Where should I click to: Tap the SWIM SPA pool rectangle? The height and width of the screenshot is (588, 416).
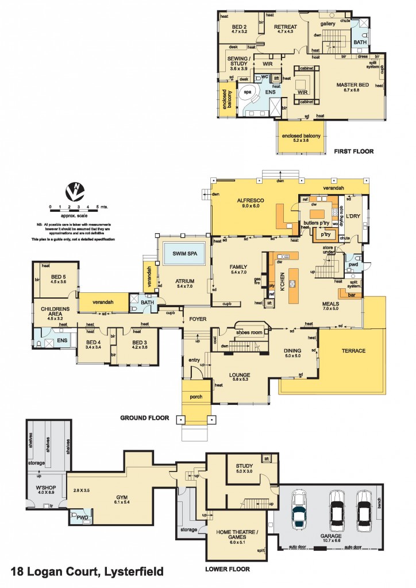[x=183, y=253]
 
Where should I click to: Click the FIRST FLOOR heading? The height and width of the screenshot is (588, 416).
[x=353, y=152]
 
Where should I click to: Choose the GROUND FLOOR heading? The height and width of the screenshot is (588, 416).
[x=144, y=418]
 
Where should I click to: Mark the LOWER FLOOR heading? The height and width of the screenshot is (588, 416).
[x=228, y=569]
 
